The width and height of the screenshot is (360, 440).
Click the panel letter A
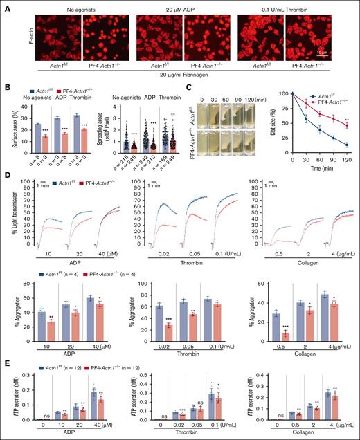click(x=6, y=6)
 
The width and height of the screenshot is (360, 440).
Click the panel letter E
click(x=6, y=358)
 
